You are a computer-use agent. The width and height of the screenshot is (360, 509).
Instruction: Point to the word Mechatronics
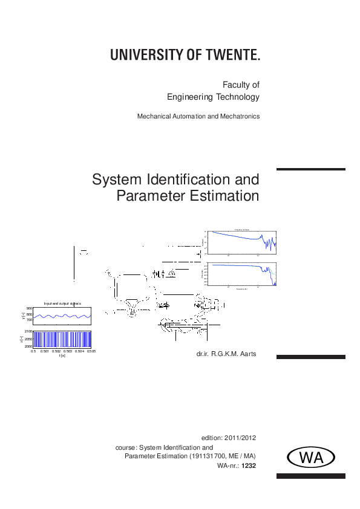pos(241,116)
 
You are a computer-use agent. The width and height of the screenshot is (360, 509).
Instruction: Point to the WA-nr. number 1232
pos(250,465)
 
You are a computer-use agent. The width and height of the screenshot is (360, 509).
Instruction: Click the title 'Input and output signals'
pos(62,303)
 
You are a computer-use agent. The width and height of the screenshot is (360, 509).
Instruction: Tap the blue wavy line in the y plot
pos(62,316)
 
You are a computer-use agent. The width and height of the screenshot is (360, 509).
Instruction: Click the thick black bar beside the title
pos(310,169)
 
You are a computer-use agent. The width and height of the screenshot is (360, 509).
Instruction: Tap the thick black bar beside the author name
pos(310,357)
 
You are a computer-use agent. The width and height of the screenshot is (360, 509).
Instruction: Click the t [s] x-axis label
pos(62,355)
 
